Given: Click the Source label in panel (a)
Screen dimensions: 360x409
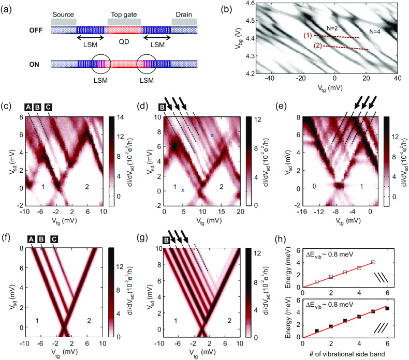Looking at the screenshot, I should (x=63, y=14).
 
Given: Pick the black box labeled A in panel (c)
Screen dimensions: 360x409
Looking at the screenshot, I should (x=29, y=107).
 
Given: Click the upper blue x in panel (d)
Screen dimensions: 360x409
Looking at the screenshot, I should (x=212, y=136).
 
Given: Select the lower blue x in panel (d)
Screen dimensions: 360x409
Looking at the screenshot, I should (x=183, y=190).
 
